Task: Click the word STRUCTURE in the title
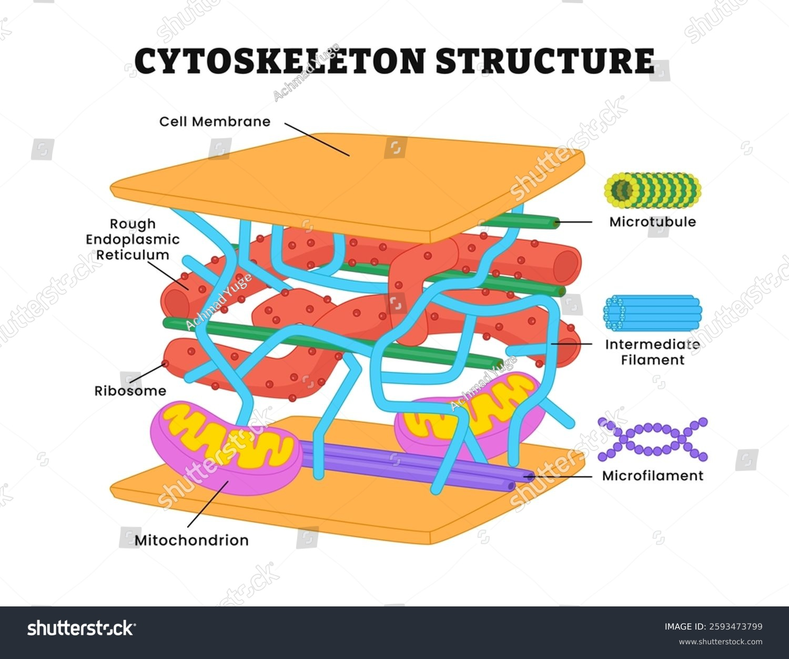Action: pos(545,61)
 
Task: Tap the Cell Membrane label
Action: pos(215,121)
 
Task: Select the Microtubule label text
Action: pos(652,221)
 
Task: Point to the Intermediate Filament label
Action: pos(652,352)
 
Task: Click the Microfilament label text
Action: pos(652,476)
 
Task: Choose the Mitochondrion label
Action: pos(191,540)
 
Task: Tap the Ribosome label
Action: pos(130,391)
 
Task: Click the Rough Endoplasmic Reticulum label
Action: pos(133,239)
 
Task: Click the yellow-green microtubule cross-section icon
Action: pos(652,190)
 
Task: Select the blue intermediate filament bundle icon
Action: pos(652,313)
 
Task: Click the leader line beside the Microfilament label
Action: pos(563,476)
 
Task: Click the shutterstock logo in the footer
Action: pos(82,628)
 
